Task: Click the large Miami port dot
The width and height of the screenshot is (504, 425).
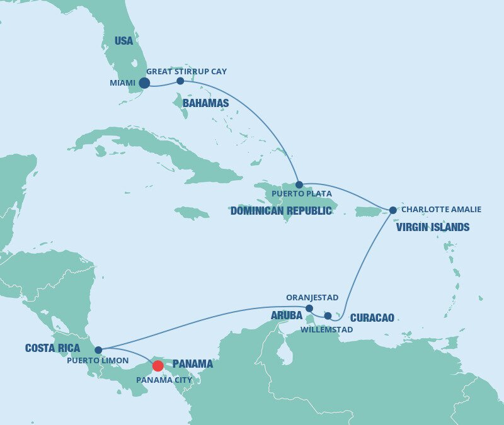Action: pyautogui.click(x=144, y=82)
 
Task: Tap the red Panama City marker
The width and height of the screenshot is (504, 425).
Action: pyautogui.click(x=157, y=366)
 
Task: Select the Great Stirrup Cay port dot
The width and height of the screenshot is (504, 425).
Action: pyautogui.click(x=180, y=81)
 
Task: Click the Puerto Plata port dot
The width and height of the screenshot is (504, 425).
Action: pyautogui.click(x=299, y=184)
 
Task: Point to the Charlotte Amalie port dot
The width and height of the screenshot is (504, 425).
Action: pyautogui.click(x=392, y=210)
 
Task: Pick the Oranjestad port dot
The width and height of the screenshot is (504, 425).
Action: pyautogui.click(x=309, y=308)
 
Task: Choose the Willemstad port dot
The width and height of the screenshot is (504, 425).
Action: pyautogui.click(x=328, y=315)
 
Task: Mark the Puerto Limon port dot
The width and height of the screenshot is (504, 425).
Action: pyautogui.click(x=98, y=350)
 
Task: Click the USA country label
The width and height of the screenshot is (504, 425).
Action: pyautogui.click(x=124, y=41)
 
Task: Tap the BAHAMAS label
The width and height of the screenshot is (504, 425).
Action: pyautogui.click(x=205, y=103)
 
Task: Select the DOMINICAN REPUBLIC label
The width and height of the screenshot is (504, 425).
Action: pyautogui.click(x=281, y=211)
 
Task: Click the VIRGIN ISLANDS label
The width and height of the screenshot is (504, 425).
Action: pyautogui.click(x=433, y=227)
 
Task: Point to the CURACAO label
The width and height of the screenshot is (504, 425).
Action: pyautogui.click(x=372, y=318)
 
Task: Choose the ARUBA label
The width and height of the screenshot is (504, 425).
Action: pyautogui.click(x=287, y=315)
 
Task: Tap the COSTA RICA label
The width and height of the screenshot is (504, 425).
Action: pyautogui.click(x=52, y=348)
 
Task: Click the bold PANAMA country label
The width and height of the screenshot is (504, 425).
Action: pyautogui.click(x=192, y=364)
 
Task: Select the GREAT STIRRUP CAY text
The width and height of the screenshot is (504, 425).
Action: pyautogui.click(x=186, y=72)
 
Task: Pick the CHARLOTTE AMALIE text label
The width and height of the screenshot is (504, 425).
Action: pyautogui.click(x=441, y=210)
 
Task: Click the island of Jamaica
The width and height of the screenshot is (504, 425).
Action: pyautogui.click(x=192, y=213)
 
